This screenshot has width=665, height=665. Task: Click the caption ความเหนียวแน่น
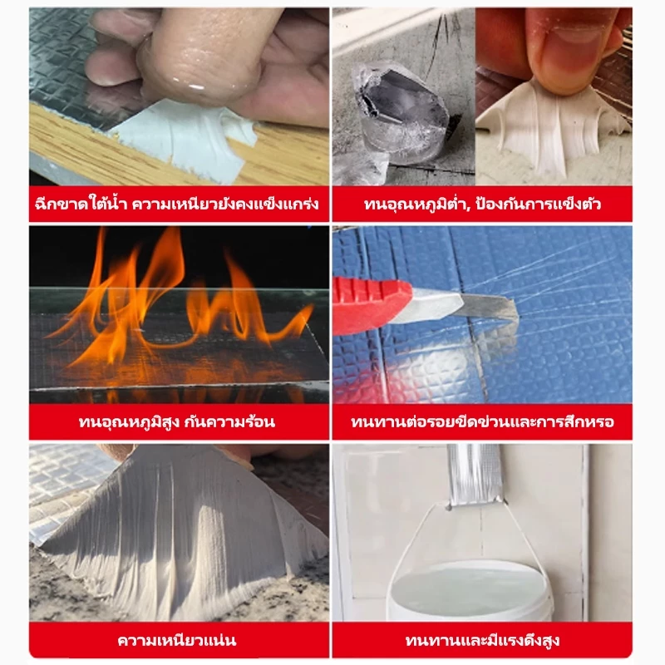point(177,640)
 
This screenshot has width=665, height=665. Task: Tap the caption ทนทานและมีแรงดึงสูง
point(482,640)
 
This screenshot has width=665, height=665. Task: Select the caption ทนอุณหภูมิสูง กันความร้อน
point(177,422)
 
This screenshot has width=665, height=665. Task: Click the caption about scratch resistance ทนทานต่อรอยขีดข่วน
point(431,422)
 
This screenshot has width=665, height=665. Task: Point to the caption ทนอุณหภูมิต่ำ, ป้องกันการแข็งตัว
point(482,204)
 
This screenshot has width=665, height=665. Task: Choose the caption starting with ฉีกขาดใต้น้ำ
point(177,204)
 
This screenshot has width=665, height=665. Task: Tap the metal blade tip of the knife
point(513,308)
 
